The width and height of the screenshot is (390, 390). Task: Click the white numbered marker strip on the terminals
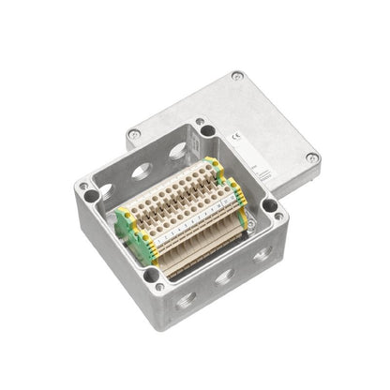coord(187,225)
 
